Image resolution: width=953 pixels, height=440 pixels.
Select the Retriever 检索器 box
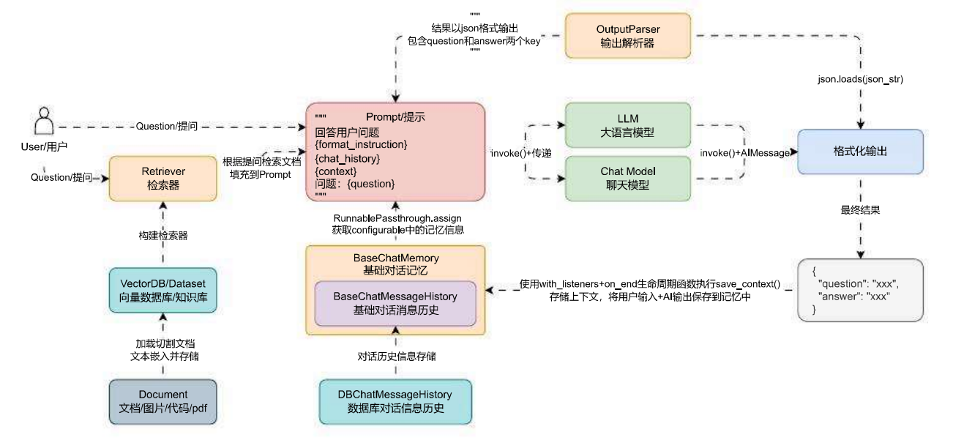(x=163, y=179)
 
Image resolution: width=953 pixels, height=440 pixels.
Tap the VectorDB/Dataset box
(x=163, y=290)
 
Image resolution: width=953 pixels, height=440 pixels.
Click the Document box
(x=163, y=402)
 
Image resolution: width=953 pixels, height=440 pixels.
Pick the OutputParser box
(x=628, y=36)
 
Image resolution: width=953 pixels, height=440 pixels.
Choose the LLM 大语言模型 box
(x=628, y=125)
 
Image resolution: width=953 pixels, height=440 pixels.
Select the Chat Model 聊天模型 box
(x=628, y=179)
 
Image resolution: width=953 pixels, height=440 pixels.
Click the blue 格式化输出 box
(x=860, y=152)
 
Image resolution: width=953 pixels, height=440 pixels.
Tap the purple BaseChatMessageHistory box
(x=395, y=303)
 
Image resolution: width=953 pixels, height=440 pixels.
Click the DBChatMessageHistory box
(x=395, y=402)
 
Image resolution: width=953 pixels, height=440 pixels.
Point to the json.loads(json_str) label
(x=860, y=79)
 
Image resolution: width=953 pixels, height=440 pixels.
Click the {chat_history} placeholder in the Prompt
(x=347, y=159)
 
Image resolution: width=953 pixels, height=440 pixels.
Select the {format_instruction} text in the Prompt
(x=361, y=145)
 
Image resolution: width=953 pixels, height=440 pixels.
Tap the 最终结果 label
(x=860, y=210)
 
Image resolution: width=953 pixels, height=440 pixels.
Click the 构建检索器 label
(x=163, y=235)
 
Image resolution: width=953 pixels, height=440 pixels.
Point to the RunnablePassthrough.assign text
(x=397, y=218)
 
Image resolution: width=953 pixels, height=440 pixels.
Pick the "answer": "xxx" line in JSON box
(x=853, y=297)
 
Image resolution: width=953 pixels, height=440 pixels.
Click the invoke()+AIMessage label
(x=745, y=153)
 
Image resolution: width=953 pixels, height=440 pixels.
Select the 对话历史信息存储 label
(x=397, y=356)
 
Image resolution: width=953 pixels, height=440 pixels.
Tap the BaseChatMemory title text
(x=396, y=258)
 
